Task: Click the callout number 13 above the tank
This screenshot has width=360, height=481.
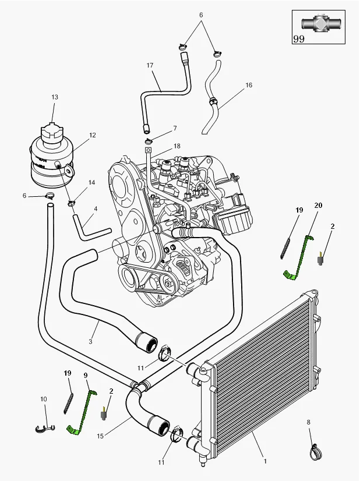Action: point(55,97)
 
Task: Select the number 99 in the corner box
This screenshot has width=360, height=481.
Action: point(299,39)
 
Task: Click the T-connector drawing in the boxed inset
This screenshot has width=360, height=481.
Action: point(319,24)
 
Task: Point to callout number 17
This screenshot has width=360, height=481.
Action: point(150,65)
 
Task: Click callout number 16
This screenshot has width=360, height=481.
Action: point(249,85)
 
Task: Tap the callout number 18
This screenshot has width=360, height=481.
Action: point(177,146)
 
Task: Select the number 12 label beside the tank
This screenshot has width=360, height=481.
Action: point(92,136)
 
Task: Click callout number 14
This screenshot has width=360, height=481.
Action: point(91,183)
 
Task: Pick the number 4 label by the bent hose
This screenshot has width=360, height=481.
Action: point(96,208)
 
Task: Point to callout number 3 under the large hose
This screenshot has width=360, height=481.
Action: point(90,342)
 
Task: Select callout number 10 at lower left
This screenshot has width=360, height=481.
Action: point(43,399)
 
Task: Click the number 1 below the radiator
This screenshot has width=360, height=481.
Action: point(265,461)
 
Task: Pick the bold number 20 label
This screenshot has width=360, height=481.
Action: point(318,206)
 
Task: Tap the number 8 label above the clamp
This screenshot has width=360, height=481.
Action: point(308,422)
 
